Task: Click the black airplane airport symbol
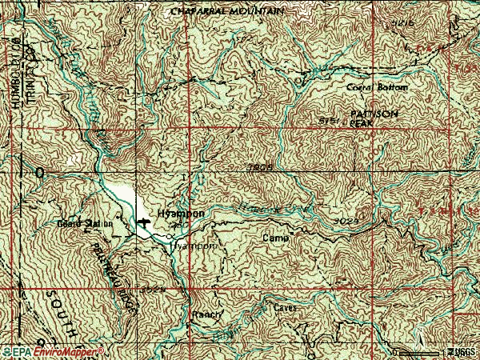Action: pyautogui.click(x=143, y=221)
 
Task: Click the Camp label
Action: pyautogui.click(x=274, y=238)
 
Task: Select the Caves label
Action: pyautogui.click(x=286, y=306)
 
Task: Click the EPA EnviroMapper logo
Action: pyautogui.click(x=52, y=351)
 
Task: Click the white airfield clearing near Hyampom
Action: pyautogui.click(x=122, y=196)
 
